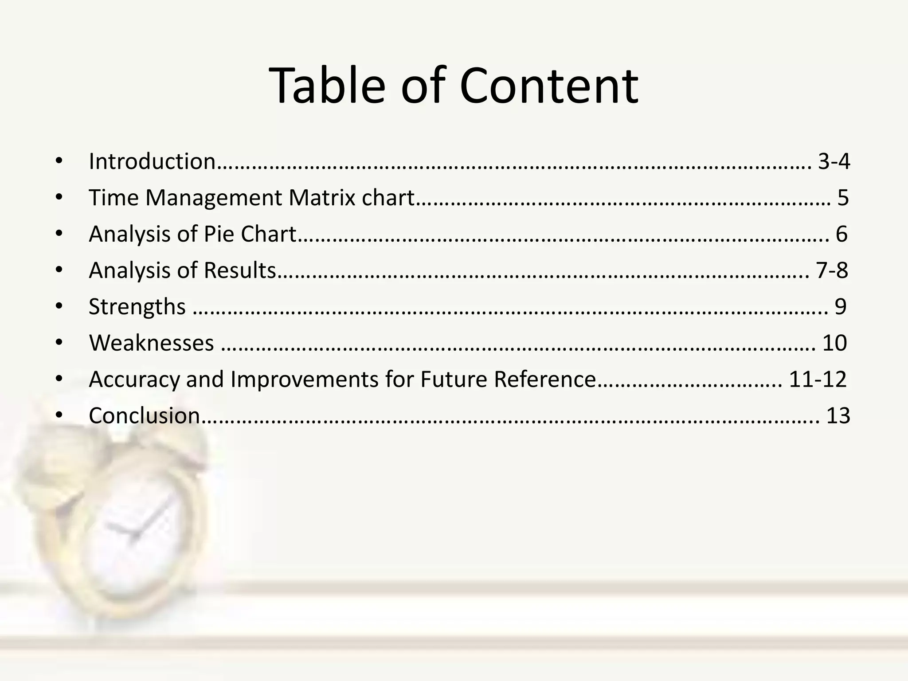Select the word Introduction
(152, 161)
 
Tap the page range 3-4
(834, 161)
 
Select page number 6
(841, 234)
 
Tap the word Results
(240, 270)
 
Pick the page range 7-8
(832, 270)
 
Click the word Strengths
(137, 307)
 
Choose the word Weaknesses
(152, 343)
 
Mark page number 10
(834, 343)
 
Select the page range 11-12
(818, 380)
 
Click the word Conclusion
(145, 416)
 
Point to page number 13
(838, 416)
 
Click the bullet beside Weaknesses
(59, 343)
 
